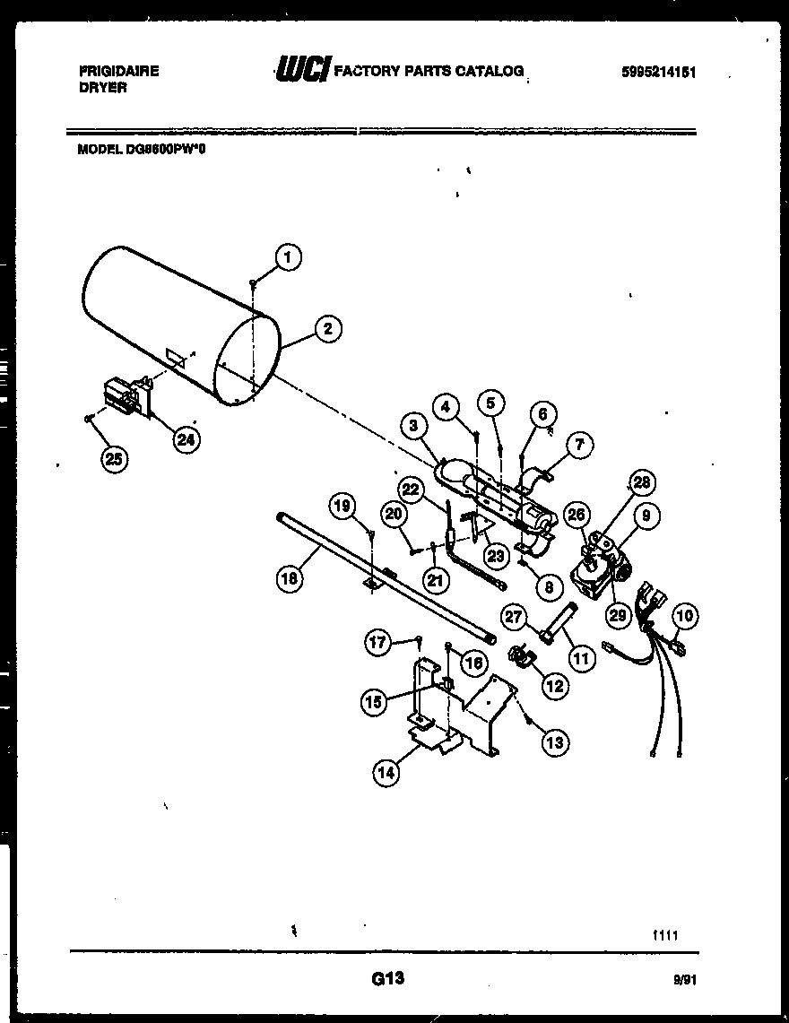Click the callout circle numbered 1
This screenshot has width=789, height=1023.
[288, 257]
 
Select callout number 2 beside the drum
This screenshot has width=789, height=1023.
[328, 329]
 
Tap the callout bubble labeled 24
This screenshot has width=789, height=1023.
[186, 439]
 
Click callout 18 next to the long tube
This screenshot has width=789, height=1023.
[289, 578]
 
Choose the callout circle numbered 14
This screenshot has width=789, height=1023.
[386, 776]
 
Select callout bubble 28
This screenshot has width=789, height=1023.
[641, 483]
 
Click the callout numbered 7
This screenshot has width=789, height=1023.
[579, 444]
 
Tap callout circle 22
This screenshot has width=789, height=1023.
[412, 489]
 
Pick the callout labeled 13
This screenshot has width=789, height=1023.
[555, 741]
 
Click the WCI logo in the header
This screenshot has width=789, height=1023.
[302, 70]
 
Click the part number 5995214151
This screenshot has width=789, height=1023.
[658, 74]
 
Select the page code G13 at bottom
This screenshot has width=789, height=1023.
[388, 980]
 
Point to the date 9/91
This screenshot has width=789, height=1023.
[686, 981]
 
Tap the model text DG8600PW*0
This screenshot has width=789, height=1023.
[143, 150]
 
